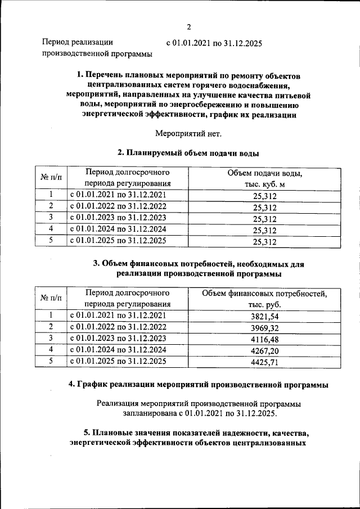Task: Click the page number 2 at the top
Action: [189, 26]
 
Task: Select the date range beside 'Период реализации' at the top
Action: [214, 43]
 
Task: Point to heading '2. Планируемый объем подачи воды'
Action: [188, 152]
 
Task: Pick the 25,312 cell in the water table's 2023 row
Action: [264, 219]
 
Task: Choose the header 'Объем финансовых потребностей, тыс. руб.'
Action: [264, 298]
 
